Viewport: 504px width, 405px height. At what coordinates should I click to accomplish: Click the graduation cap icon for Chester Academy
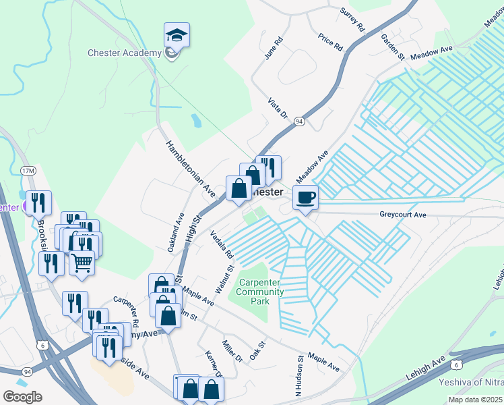(x=177, y=35)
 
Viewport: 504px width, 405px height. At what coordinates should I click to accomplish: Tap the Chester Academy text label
(x=125, y=53)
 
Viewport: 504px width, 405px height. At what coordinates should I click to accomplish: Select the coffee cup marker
(x=305, y=197)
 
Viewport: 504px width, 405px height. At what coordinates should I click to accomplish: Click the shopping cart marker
(x=82, y=263)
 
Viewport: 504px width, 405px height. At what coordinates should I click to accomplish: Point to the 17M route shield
(x=28, y=171)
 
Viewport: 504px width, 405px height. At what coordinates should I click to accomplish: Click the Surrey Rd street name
(x=352, y=20)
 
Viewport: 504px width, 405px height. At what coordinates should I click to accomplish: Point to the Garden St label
(x=391, y=47)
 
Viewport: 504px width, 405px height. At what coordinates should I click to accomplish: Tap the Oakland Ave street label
(x=176, y=233)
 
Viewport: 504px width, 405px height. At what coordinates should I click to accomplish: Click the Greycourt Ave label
(x=403, y=215)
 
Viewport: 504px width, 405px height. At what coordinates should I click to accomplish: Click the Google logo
(x=22, y=396)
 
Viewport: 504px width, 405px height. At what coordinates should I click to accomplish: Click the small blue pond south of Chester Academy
(x=195, y=122)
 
